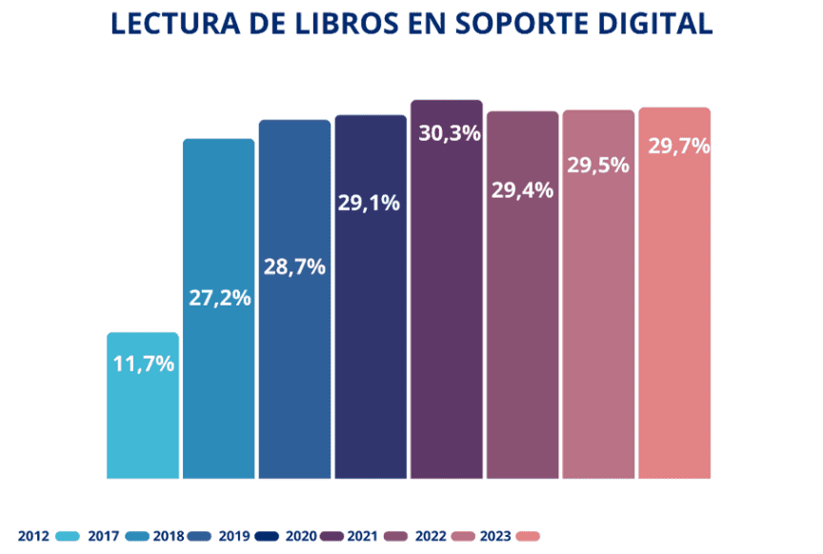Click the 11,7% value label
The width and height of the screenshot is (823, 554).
143,363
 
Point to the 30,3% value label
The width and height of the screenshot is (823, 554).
447,133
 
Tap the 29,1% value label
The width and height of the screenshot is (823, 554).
371,203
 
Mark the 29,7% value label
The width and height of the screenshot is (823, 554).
674,147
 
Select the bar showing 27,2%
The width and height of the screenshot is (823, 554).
219,381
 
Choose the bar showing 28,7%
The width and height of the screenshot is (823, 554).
294,381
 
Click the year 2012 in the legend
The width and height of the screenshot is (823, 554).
34,536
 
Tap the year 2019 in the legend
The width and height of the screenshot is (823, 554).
235,536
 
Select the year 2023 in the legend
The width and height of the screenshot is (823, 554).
497,536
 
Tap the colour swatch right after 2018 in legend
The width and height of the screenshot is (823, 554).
201,536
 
